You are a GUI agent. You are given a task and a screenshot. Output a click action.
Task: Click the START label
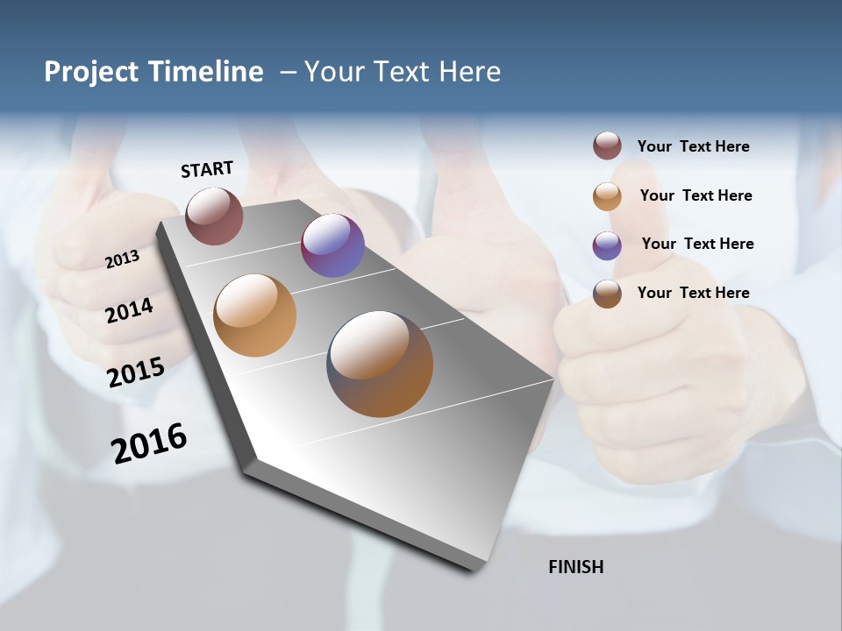tap(207, 169)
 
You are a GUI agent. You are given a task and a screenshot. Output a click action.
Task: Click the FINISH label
tap(575, 567)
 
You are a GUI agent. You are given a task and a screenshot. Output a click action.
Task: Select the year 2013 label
tap(122, 259)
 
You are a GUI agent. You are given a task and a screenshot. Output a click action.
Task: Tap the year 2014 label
tap(129, 310)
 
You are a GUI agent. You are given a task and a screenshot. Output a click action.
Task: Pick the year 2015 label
tap(135, 372)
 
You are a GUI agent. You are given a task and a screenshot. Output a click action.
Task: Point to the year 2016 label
tap(149, 443)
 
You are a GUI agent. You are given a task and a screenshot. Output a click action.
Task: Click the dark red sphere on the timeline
tap(214, 216)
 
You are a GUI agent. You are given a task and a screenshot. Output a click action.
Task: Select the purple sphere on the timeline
tap(332, 245)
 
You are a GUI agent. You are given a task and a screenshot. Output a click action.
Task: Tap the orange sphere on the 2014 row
tap(254, 315)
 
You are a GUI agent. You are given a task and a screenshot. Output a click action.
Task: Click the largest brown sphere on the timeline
tap(380, 364)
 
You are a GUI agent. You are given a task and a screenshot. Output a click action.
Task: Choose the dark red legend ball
tap(607, 146)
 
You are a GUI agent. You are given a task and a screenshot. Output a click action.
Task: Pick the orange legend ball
tap(607, 195)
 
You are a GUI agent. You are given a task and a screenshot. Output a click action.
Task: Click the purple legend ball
tap(607, 245)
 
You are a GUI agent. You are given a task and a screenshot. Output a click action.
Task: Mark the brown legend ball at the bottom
tap(607, 293)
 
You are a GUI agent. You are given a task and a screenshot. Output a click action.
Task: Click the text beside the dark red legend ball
tap(693, 146)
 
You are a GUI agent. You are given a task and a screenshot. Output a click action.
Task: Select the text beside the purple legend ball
tap(697, 244)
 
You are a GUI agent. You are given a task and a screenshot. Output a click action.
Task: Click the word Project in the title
tap(90, 72)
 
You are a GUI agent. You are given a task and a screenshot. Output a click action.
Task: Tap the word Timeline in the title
tap(205, 72)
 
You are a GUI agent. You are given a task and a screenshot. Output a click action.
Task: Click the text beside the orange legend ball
tap(696, 195)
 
